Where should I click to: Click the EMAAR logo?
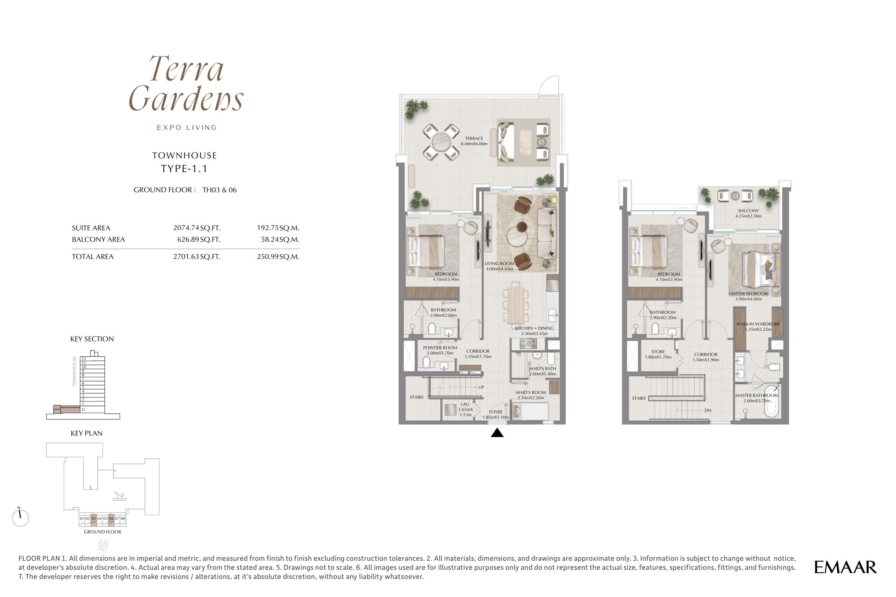click(x=845, y=567)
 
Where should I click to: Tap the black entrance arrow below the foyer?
click(x=497, y=433)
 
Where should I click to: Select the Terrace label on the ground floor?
click(x=474, y=141)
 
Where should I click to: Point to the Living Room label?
click(x=499, y=266)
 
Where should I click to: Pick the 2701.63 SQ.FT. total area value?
click(x=197, y=256)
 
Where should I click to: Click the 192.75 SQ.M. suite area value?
click(x=278, y=228)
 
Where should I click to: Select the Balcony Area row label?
click(x=98, y=239)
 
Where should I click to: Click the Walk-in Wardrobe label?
click(x=758, y=327)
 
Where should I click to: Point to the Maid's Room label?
click(x=530, y=395)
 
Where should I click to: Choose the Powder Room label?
click(x=440, y=350)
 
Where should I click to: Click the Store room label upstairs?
click(x=658, y=354)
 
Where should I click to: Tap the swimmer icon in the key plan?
click(x=119, y=497)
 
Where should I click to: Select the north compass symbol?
click(x=20, y=517)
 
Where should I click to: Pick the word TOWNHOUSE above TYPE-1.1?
click(x=185, y=156)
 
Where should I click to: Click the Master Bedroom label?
click(x=748, y=296)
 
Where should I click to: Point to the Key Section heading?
click(x=92, y=339)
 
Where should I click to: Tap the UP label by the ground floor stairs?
click(x=481, y=387)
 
